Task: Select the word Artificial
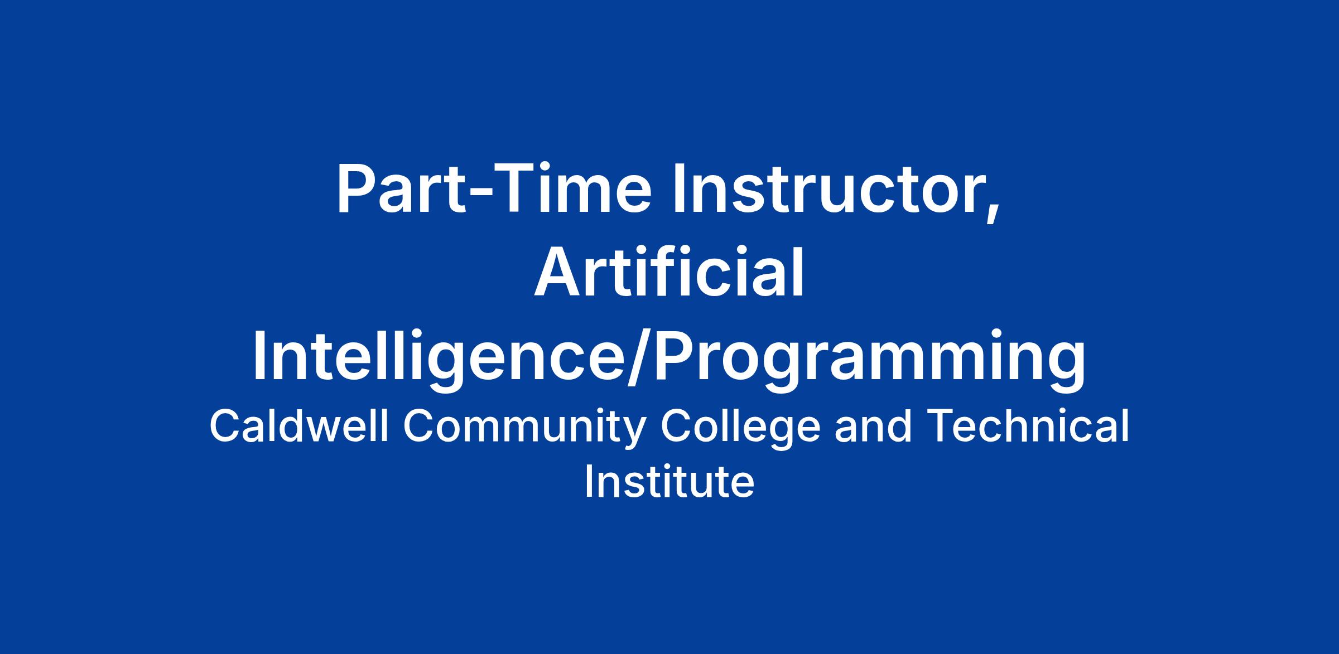pyautogui.click(x=669, y=273)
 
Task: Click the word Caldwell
pyautogui.click(x=298, y=427)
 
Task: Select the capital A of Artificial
pyautogui.click(x=556, y=273)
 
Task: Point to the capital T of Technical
pyautogui.click(x=940, y=427)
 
